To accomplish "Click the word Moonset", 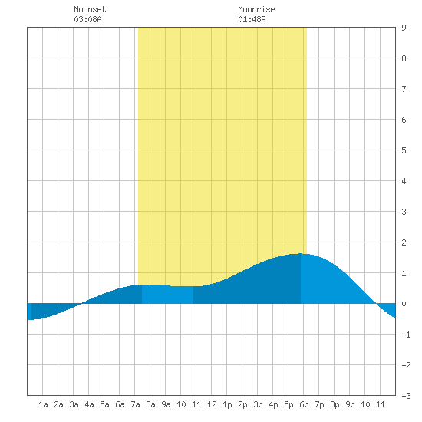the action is point(90,9).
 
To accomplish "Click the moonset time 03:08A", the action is point(87,19).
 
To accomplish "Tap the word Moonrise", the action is point(256,9).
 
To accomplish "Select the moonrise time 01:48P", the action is point(252,19).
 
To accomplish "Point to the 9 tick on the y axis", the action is point(404,28).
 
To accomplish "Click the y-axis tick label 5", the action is point(404,150).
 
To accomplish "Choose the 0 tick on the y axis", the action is point(404,304).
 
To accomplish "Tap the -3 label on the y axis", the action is point(406,396).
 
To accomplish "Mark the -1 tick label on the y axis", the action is point(406,335).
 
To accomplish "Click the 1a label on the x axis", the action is point(43,404).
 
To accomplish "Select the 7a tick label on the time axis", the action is point(135,404).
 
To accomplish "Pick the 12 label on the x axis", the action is point(212,404).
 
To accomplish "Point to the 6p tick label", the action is point(304,404).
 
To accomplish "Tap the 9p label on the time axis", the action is point(350,404).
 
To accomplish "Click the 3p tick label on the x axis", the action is point(258,404).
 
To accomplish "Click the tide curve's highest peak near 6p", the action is point(300,253).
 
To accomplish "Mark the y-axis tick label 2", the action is point(404,242).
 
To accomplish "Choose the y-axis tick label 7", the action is point(404,89).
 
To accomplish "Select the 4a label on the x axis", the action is point(89,404).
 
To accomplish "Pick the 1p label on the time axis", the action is point(227,404).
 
